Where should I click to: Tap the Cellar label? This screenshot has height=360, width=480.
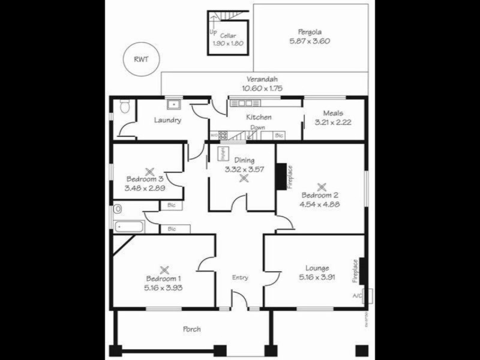pyautogui.click(x=227, y=35)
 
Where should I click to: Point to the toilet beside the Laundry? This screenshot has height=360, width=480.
pyautogui.click(x=124, y=107)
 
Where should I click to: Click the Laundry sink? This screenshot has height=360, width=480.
pyautogui.click(x=174, y=104)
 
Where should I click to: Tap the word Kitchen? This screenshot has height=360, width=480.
pyautogui.click(x=259, y=117)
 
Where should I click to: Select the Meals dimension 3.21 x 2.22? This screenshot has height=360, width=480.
pyautogui.click(x=332, y=122)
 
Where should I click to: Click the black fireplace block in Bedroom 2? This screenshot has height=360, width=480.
pyautogui.click(x=280, y=177)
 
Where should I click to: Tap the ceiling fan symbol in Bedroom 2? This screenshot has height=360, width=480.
pyautogui.click(x=322, y=186)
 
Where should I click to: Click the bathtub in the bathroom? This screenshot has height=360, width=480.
pyautogui.click(x=129, y=227)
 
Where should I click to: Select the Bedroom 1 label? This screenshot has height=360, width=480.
pyautogui.click(x=163, y=279)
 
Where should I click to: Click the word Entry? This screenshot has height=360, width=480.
pyautogui.click(x=240, y=277)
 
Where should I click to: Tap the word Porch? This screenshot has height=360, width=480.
pyautogui.click(x=192, y=329)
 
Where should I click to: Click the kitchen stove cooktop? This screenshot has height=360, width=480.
pyautogui.click(x=223, y=136)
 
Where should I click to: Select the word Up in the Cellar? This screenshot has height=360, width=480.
pyautogui.click(x=213, y=32)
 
